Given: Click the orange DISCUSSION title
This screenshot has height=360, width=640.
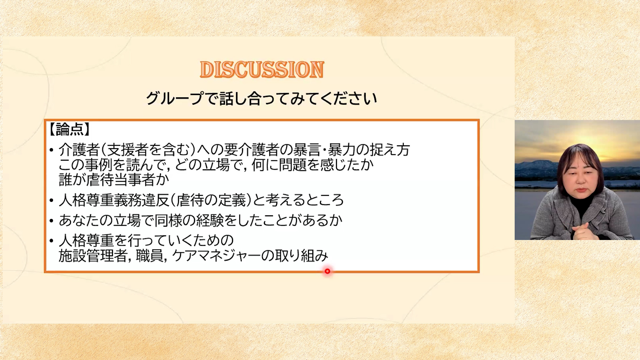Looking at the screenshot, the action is coord(262,70).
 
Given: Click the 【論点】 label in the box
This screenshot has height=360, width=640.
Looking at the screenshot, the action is coord(69,129).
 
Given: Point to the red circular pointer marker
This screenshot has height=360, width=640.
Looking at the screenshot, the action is coord(327,271).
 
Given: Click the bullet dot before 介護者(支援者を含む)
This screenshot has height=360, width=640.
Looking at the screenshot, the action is coord(51,150).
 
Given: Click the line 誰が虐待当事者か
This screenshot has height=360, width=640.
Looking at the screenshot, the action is coord(114,180).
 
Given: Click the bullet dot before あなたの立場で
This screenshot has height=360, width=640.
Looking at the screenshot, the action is coord(51,220).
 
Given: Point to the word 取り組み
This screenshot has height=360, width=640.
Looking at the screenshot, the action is coord(302,256).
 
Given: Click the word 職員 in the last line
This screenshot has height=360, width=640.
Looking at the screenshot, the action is coord(150,256).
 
